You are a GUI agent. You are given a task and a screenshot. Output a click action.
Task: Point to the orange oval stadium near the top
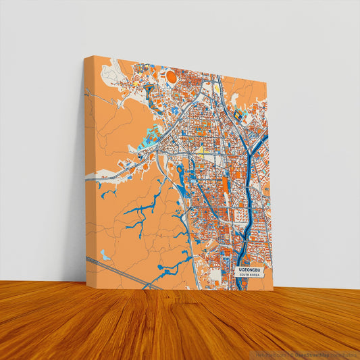coord(172,78)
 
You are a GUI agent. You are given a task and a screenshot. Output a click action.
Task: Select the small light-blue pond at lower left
coord(105,255)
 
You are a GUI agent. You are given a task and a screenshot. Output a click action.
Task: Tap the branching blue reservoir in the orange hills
coord(145,209)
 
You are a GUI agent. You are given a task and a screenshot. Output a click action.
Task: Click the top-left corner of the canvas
coord(84,57)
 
